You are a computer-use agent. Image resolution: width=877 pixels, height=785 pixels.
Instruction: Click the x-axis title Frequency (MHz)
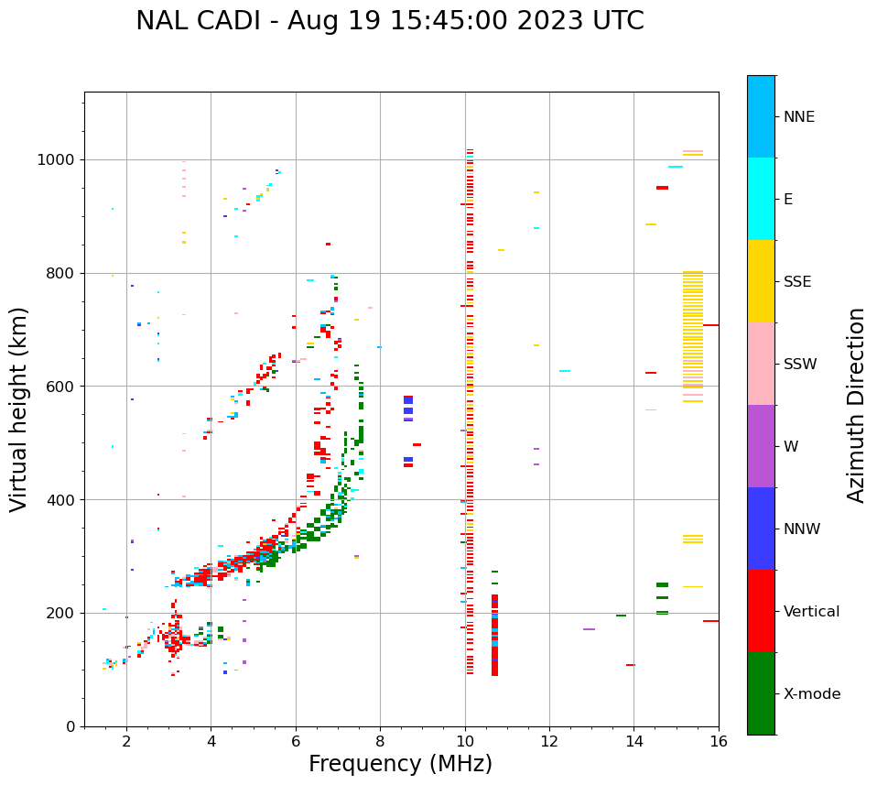400,764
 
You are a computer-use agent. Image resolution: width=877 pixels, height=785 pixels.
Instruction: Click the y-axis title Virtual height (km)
19,409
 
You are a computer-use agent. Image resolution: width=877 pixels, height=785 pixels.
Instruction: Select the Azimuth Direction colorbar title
856,405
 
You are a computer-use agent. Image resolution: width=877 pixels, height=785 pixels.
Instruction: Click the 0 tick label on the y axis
70,726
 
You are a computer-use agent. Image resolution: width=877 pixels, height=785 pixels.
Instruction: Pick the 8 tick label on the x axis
380,741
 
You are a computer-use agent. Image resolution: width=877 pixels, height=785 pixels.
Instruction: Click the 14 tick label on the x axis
634,741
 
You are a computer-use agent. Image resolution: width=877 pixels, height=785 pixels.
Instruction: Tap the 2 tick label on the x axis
126,741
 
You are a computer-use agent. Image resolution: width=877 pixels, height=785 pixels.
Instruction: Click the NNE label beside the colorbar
799,117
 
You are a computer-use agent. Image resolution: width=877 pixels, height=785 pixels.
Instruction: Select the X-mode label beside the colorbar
812,694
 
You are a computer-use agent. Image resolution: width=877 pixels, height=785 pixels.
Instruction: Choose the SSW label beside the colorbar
800,365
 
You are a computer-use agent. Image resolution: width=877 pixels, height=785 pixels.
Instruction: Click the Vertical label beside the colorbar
811,612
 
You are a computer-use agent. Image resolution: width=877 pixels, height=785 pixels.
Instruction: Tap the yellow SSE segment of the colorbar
761,281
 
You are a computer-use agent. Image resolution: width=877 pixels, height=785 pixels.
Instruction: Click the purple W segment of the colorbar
761,446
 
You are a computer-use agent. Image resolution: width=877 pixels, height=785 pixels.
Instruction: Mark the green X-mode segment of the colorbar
761,693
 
